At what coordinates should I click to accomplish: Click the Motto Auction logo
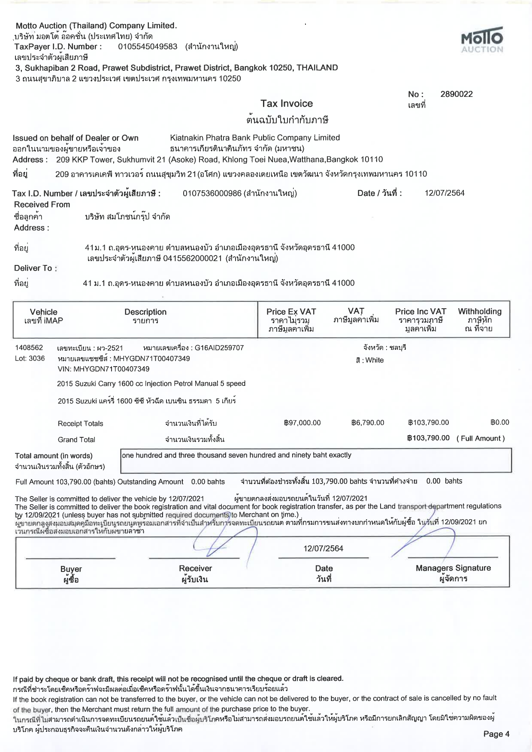coord(482,41)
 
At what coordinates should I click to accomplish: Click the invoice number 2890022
coord(456,94)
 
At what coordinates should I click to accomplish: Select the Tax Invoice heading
coord(287,103)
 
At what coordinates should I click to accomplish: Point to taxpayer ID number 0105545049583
coord(148,47)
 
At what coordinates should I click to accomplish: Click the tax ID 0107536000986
coord(212,193)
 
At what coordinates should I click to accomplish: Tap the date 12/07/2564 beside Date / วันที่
coord(444,193)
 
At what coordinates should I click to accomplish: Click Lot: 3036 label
coord(30,358)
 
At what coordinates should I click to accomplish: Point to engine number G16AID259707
coord(219,348)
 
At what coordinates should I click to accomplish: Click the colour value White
coord(375,360)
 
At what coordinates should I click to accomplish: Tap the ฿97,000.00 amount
coord(302,423)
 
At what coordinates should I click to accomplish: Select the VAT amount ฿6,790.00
coord(368,423)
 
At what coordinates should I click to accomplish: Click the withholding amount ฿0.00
coord(500,422)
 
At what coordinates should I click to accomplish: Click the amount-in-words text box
coord(316,460)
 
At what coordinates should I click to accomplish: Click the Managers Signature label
coord(453,569)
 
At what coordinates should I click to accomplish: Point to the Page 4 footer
coord(496,734)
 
